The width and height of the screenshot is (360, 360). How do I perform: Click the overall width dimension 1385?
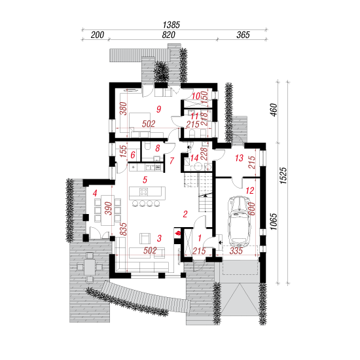pos(171,25)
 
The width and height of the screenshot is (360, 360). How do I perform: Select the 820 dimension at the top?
pos(168,35)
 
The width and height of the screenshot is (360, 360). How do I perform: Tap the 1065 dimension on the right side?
pos(274,221)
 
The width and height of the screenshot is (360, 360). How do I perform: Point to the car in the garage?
pos(240,221)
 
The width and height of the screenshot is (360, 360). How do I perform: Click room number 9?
pos(158,109)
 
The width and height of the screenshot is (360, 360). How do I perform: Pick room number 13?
pos(239,158)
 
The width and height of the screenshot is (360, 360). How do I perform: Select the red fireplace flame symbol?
pos(178,234)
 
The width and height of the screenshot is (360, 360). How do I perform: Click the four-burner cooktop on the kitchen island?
pos(144,192)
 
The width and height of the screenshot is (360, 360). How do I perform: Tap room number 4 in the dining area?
pos(95,193)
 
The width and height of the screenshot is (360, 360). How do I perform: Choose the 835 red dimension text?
pos(123,229)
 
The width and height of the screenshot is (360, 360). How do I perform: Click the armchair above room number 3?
pos(145,238)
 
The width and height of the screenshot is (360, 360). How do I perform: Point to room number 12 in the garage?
pos(250,190)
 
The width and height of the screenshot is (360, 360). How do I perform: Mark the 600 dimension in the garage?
pos(251,209)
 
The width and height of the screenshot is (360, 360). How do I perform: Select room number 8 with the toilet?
pos(157,148)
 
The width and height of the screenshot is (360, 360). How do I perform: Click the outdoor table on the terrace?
pos(90,267)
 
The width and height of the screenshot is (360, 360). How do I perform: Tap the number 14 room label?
pos(194,158)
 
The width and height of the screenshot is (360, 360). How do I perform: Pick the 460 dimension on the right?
pos(274,110)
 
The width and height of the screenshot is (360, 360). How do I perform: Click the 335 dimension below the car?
pos(236,251)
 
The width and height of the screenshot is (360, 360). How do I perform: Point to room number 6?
pos(133,155)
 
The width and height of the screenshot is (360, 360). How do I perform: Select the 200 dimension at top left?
pos(98,35)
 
